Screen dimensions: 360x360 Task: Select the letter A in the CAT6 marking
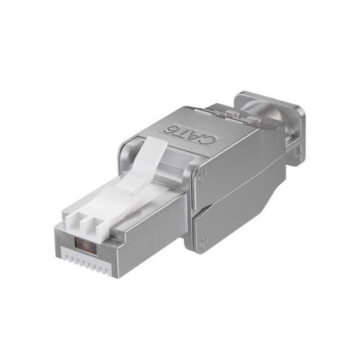pyautogui.click(x=196, y=136)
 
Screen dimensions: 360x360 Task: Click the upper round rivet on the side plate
pyautogui.click(x=202, y=175)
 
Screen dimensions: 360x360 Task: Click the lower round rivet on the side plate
pyautogui.click(x=203, y=241)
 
